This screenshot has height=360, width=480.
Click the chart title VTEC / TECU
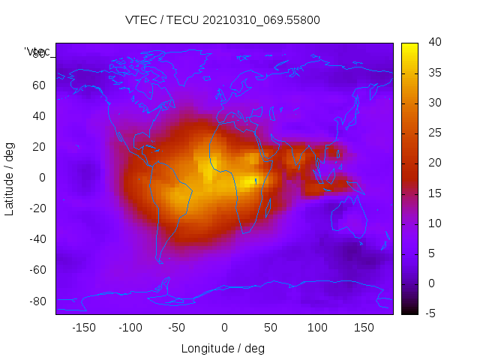click(223, 20)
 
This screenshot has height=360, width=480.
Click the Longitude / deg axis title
click(223, 349)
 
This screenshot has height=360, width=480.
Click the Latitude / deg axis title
click(10, 178)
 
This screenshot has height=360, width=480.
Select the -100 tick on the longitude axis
click(130, 328)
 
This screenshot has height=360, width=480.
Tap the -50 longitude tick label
click(177, 328)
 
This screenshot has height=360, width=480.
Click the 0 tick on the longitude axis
click(224, 328)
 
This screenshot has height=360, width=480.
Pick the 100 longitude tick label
click(317, 328)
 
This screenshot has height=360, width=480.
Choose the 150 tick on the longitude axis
click(364, 328)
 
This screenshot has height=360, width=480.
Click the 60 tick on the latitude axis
click(39, 85)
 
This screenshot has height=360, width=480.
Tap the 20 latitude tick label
click(39, 146)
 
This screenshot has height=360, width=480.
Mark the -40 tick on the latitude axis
click(37, 239)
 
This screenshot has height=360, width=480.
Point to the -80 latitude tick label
click(37, 301)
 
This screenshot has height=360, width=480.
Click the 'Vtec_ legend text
click(37, 52)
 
